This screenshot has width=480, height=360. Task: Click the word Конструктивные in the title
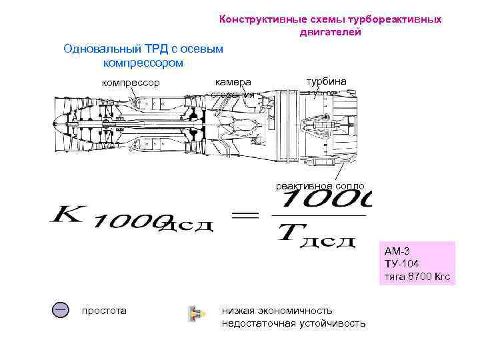point(259,19)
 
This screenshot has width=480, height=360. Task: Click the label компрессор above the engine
point(130,83)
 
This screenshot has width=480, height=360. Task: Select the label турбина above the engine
point(326,81)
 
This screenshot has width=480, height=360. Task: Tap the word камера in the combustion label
point(233,81)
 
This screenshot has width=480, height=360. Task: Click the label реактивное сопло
point(320,186)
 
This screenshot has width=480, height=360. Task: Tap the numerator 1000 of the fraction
point(327,199)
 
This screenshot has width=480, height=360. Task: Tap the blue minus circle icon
point(61,310)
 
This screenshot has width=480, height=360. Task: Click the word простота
point(103,311)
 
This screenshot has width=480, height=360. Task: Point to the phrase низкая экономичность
point(277,311)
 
